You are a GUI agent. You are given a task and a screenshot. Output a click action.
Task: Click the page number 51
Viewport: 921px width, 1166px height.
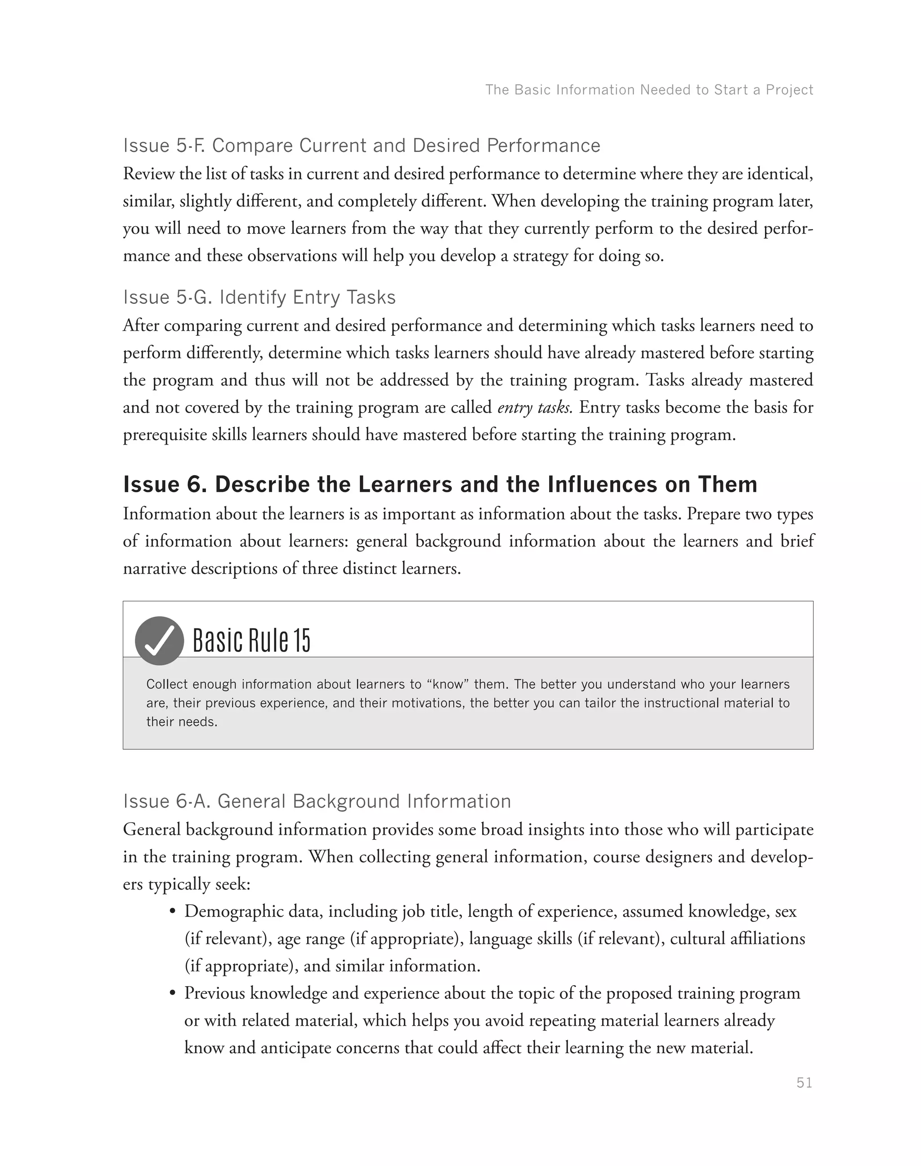click(x=804, y=1082)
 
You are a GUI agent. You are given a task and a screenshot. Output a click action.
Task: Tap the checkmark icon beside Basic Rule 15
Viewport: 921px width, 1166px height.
click(x=160, y=641)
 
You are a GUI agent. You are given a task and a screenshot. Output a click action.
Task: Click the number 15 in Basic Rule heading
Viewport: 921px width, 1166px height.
click(x=303, y=641)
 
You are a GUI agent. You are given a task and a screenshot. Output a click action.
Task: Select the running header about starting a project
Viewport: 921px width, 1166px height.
click(x=648, y=89)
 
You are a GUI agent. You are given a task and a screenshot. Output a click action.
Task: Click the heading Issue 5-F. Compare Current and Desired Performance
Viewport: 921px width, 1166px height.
click(x=361, y=146)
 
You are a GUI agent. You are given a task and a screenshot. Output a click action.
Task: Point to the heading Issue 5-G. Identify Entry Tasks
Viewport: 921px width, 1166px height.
click(x=259, y=297)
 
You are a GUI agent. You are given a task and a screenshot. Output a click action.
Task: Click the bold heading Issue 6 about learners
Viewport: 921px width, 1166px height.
click(x=440, y=484)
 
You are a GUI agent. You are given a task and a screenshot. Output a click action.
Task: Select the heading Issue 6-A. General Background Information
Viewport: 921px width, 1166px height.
click(x=317, y=801)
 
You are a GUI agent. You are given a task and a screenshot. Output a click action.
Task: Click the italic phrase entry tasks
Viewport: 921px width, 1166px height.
click(x=534, y=408)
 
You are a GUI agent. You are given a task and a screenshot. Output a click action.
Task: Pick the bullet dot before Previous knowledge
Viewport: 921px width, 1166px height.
click(x=173, y=993)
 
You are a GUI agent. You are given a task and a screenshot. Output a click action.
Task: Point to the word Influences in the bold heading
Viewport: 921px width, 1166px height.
click(x=603, y=484)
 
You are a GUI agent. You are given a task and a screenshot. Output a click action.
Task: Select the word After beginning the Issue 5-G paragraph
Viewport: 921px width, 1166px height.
click(x=141, y=325)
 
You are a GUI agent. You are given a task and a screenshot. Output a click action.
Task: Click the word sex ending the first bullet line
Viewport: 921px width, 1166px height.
click(x=786, y=912)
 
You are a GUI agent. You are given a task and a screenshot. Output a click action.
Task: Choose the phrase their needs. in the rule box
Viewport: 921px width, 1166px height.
click(x=182, y=721)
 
